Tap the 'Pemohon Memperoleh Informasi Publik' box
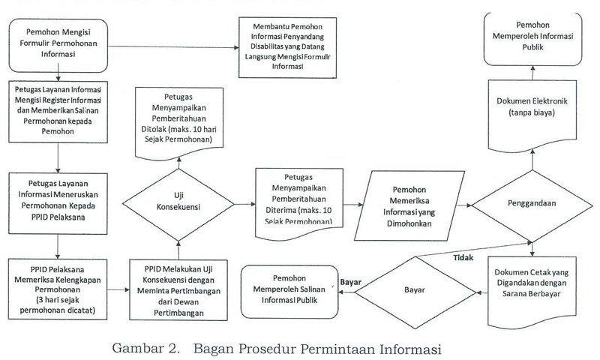point(531,40)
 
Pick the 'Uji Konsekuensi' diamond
point(178,203)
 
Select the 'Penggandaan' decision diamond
point(532,203)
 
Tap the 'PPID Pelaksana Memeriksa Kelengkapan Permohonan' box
point(58,286)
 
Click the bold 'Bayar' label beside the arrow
point(351,282)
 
